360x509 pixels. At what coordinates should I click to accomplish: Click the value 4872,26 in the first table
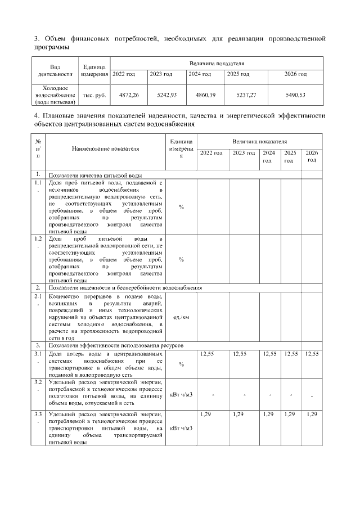pyautogui.click(x=129, y=95)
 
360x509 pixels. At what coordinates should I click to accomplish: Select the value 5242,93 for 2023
pyautogui.click(x=167, y=95)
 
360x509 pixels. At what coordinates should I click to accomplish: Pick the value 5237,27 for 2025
pyautogui.click(x=245, y=95)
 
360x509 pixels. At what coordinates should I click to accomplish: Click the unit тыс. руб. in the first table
pyautogui.click(x=94, y=95)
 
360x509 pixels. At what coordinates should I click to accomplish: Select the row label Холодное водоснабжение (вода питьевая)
pyautogui.click(x=55, y=95)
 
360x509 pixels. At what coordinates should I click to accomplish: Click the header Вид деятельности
pyautogui.click(x=55, y=70)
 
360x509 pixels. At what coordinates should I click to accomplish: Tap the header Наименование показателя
pyautogui.click(x=105, y=148)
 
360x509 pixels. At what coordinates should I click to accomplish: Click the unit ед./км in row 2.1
pyautogui.click(x=181, y=316)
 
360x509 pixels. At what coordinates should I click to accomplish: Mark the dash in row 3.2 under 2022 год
pyautogui.click(x=213, y=394)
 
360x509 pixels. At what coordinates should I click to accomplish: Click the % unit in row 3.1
pyautogui.click(x=181, y=364)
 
